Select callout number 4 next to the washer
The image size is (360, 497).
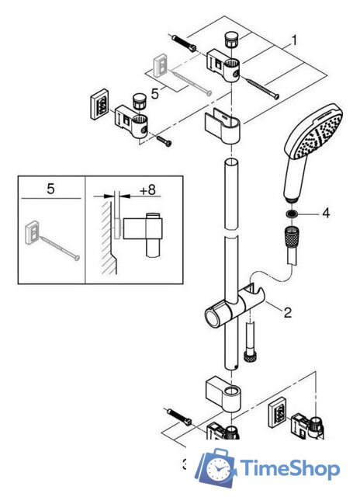click(327, 212)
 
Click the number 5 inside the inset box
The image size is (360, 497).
click(50, 189)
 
